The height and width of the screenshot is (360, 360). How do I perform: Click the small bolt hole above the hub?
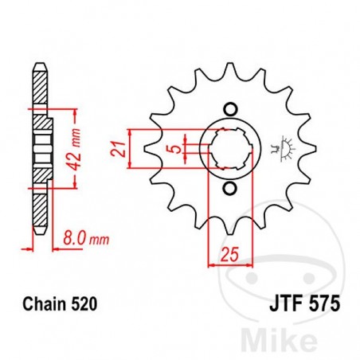click(x=231, y=109)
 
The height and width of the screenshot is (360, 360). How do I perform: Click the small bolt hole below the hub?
click(x=231, y=188)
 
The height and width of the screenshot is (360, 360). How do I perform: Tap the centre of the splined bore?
click(x=230, y=148)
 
